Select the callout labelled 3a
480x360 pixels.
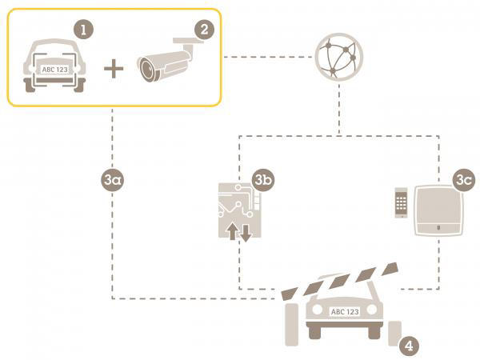[x=113, y=179]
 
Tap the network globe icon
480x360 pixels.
[x=338, y=56]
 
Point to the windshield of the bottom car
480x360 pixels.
[x=345, y=288]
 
